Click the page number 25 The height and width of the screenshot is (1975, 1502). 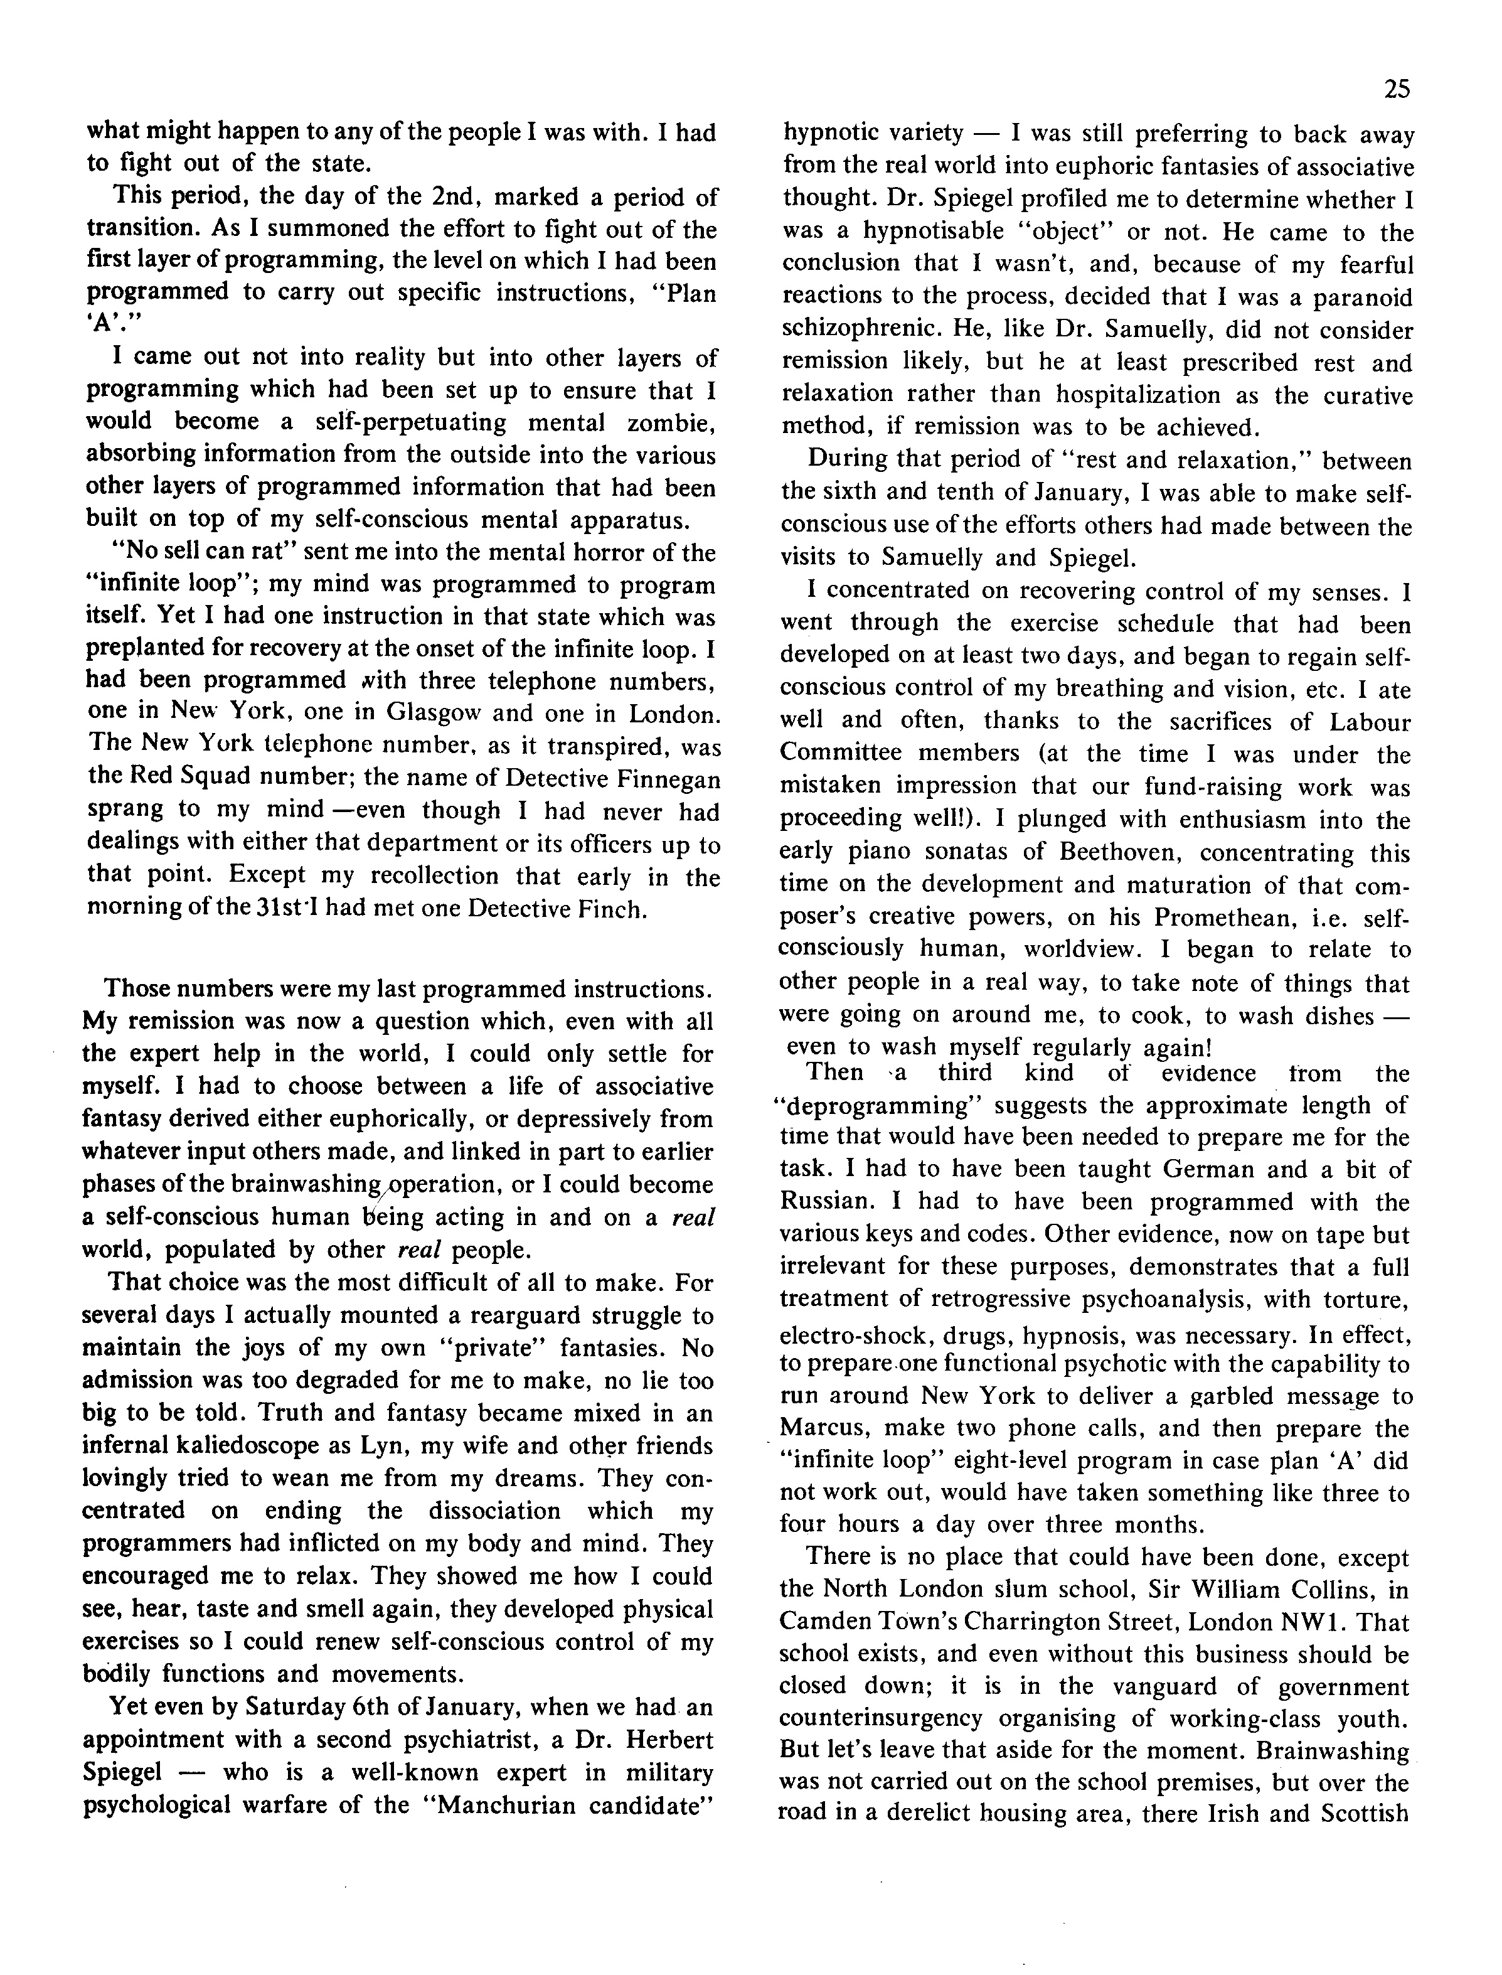coord(1397,89)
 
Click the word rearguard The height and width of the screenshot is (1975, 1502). coord(469,1315)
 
